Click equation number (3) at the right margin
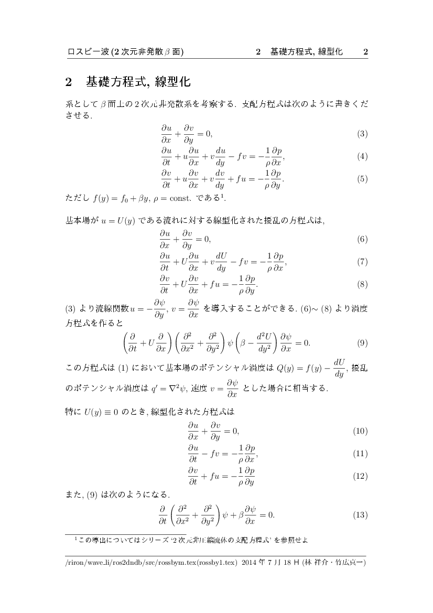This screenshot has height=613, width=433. pyautogui.click(x=362, y=134)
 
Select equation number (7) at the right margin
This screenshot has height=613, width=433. pyautogui.click(x=362, y=262)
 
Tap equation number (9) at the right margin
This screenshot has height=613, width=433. pyautogui.click(x=362, y=343)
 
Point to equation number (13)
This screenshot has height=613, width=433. pyautogui.click(x=360, y=515)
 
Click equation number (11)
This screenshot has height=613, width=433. pyautogui.click(x=360, y=454)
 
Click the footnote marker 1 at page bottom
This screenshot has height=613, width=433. pyautogui.click(x=76, y=537)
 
